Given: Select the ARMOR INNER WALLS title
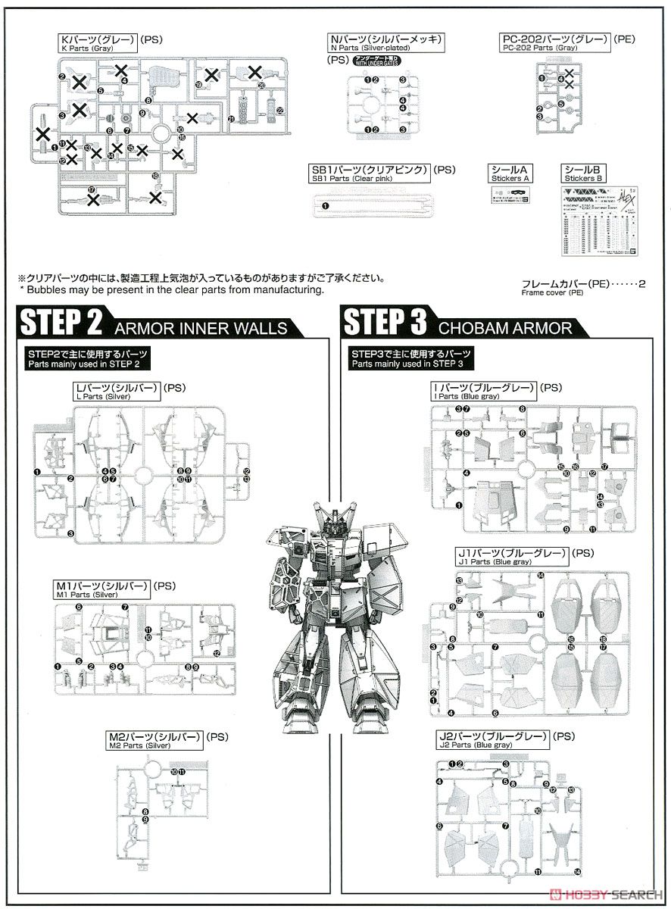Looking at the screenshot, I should (x=201, y=327).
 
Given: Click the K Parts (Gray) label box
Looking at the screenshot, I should (x=98, y=42).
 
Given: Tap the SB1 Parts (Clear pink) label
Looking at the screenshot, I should (x=370, y=173).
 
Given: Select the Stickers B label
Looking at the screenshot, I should (x=584, y=173).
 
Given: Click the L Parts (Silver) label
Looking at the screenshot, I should (x=113, y=391).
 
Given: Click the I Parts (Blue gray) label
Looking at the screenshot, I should (x=483, y=391).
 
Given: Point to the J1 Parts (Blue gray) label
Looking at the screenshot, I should (x=512, y=558).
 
